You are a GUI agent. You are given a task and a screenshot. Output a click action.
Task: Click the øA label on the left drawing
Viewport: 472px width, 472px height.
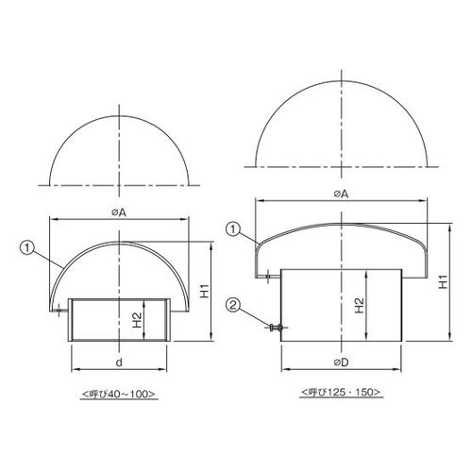pos(119,212)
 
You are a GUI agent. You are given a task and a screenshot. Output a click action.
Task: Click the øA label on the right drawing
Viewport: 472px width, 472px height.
pos(341,194)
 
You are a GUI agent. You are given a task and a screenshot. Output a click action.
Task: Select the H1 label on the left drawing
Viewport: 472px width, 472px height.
pos(205,291)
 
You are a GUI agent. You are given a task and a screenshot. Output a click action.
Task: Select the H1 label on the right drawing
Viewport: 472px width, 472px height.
pos(444,281)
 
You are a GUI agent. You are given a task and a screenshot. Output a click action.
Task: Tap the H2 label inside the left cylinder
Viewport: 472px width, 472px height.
pos(137,320)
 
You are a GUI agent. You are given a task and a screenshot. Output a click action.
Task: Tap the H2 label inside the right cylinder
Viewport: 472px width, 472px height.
pos(359,305)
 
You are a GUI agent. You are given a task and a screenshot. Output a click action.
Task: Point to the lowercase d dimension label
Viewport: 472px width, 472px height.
pos(119,362)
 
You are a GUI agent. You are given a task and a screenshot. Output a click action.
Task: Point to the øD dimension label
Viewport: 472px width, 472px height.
pos(342,362)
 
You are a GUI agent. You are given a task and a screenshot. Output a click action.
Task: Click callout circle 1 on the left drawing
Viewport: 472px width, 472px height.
pos(26,248)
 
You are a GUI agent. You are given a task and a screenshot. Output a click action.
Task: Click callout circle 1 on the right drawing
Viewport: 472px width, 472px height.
pos(233,229)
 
